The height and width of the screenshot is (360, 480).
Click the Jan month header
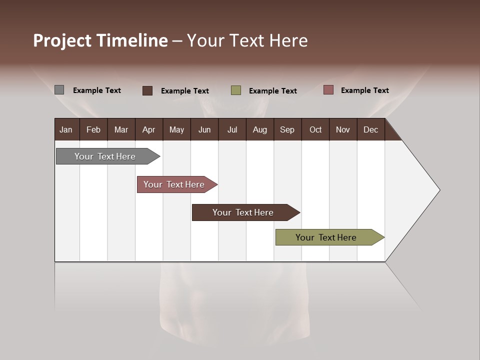pyautogui.click(x=66, y=129)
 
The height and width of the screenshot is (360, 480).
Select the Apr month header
pyautogui.click(x=148, y=129)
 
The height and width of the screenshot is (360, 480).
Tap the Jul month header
pyautogui.click(x=232, y=129)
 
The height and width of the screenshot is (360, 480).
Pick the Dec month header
pyautogui.click(x=370, y=129)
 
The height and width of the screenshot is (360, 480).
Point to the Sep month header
pyautogui.click(x=287, y=129)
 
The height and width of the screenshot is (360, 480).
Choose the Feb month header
pyautogui.click(x=93, y=129)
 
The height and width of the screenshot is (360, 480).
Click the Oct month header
pyautogui.click(x=315, y=129)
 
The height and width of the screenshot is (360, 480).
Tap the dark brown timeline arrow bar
pyautogui.click(x=243, y=212)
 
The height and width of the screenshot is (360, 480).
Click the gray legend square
pyautogui.click(x=59, y=90)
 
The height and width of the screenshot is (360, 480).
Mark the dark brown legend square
pyautogui.click(x=147, y=90)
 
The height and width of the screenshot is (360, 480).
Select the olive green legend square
pyautogui.click(x=236, y=90)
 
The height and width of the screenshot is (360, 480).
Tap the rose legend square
pyautogui.click(x=328, y=90)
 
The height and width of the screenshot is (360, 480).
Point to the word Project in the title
pyautogui.click(x=62, y=40)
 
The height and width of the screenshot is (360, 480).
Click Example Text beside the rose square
pyautogui.click(x=364, y=90)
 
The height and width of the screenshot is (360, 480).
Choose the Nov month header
pyautogui.click(x=342, y=129)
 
